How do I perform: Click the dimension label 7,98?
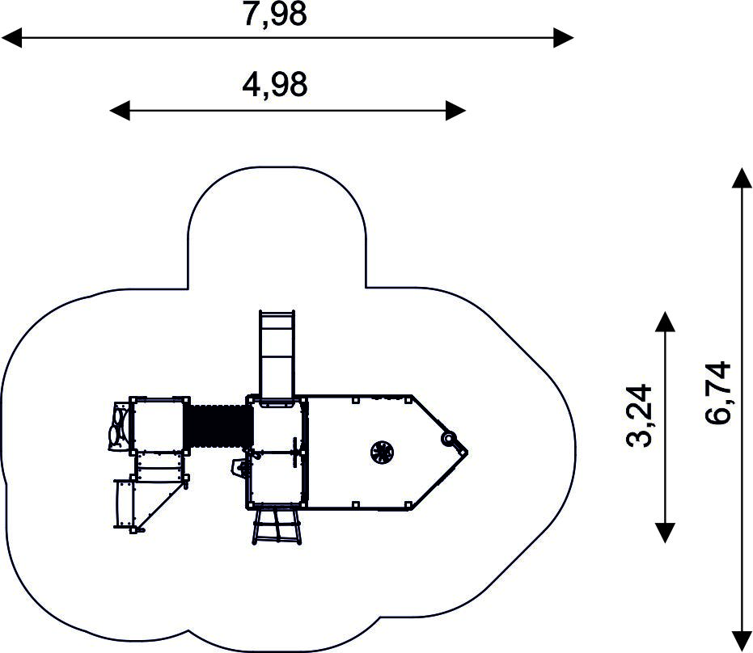(x=275, y=15)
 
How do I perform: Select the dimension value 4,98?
(x=275, y=86)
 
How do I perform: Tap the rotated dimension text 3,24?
(x=640, y=415)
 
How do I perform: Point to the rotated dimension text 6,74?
(x=718, y=393)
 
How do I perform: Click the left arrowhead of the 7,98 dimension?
(x=11, y=37)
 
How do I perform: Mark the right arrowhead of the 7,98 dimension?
(x=563, y=37)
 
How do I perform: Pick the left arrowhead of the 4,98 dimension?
(x=120, y=111)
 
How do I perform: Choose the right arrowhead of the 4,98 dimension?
(x=455, y=111)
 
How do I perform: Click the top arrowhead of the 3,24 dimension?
(x=665, y=322)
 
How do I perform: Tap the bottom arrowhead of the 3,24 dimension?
(x=665, y=533)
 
